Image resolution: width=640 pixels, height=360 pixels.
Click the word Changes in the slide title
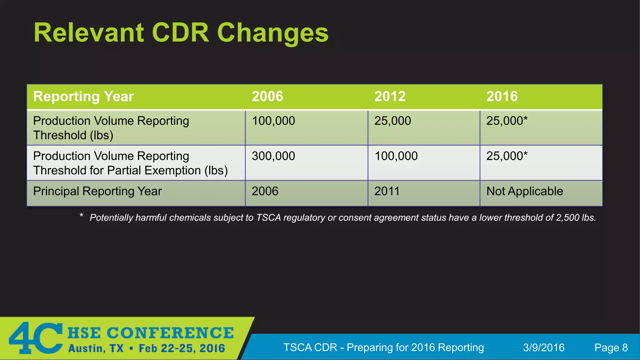pyautogui.click(x=272, y=33)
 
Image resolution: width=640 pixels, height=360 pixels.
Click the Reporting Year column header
pyautogui.click(x=83, y=96)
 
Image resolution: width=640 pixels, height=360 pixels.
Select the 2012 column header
pyautogui.click(x=390, y=96)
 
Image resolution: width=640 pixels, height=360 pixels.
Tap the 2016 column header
pyautogui.click(x=502, y=96)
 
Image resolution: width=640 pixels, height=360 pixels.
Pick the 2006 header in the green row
pyautogui.click(x=267, y=96)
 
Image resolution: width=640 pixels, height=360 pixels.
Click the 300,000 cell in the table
pyautogui.click(x=273, y=156)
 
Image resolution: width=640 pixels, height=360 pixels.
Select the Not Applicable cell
pyautogui.click(x=524, y=191)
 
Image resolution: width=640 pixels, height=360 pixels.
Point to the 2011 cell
pyautogui.click(x=387, y=191)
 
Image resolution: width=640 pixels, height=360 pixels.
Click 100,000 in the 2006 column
pyautogui.click(x=273, y=121)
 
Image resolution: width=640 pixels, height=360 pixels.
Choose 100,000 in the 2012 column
pyautogui.click(x=396, y=156)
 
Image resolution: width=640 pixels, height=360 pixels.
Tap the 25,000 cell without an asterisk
pyautogui.click(x=392, y=121)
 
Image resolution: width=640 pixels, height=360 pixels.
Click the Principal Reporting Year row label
pyautogui.click(x=97, y=191)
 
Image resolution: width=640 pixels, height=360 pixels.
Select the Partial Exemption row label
pyautogui.click(x=130, y=163)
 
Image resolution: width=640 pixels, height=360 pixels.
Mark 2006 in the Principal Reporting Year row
pyautogui.click(x=265, y=191)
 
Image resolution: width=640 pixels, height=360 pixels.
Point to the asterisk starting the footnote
pyautogui.click(x=81, y=215)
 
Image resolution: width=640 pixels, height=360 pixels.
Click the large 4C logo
pyautogui.click(x=36, y=338)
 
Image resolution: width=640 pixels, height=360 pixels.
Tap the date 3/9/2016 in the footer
pyautogui.click(x=543, y=347)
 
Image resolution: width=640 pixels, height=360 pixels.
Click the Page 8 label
pyautogui.click(x=611, y=347)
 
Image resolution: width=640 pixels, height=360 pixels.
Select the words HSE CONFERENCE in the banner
pyautogui.click(x=150, y=333)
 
